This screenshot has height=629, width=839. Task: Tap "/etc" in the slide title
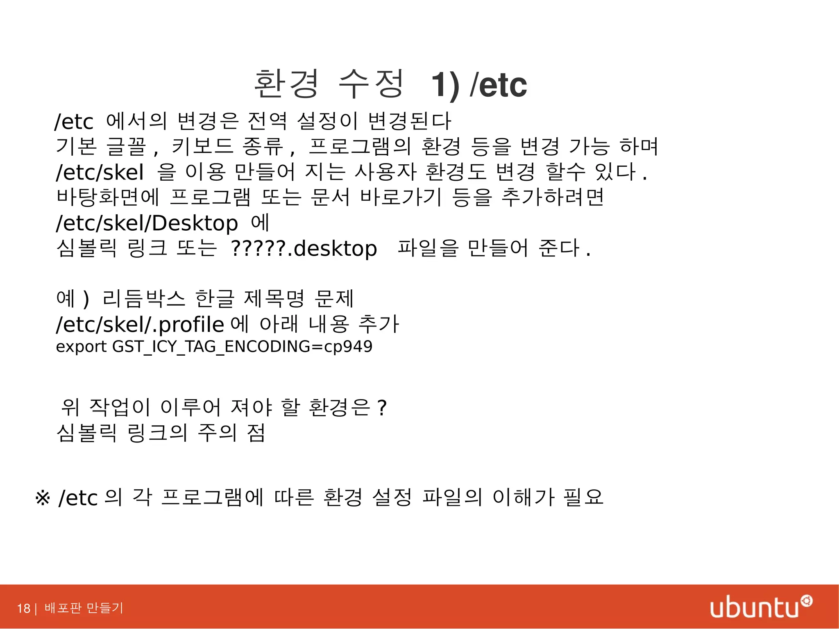[499, 85]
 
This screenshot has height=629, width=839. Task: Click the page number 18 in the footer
[23, 608]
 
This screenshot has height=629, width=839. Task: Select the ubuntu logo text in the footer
[754, 608]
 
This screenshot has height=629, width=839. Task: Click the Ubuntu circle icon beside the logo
[806, 601]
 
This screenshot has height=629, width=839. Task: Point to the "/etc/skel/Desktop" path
[147, 223]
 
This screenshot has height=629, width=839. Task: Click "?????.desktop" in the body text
[304, 249]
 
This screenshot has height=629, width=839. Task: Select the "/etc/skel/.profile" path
[140, 325]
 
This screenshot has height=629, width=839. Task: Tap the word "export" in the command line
[81, 347]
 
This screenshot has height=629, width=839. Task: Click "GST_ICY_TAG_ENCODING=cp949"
[242, 347]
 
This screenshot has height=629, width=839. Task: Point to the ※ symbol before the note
[43, 498]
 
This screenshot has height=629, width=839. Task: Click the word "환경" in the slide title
[286, 84]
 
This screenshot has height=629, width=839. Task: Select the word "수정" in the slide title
[371, 84]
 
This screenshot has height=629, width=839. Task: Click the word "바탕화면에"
[108, 197]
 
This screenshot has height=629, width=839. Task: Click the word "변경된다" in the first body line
[409, 121]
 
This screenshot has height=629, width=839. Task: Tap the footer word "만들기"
[105, 608]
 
